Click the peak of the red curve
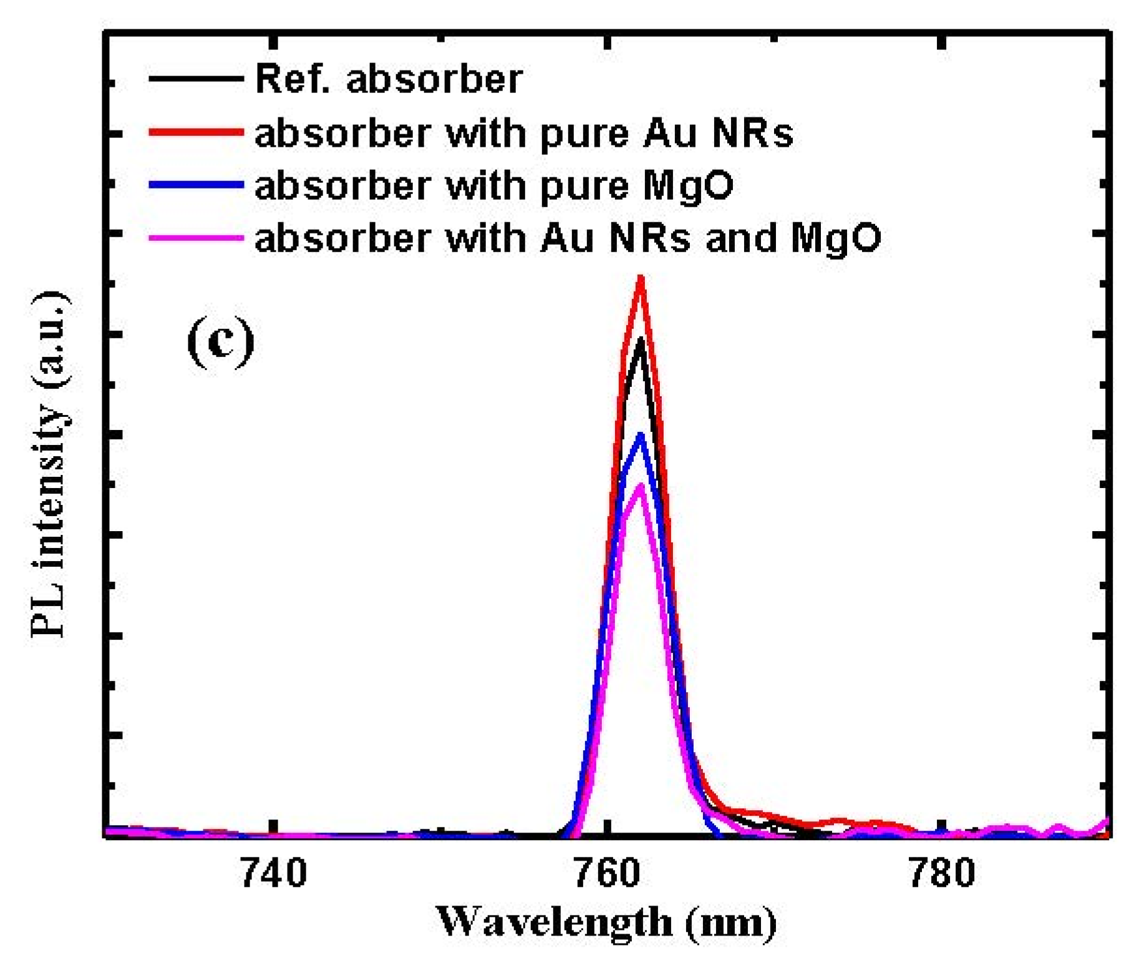pyautogui.click(x=640, y=278)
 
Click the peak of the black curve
pyautogui.click(x=640, y=341)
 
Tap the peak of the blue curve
pyautogui.click(x=640, y=436)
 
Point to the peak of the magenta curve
pyautogui.click(x=640, y=487)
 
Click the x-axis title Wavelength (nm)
pyautogui.click(x=606, y=922)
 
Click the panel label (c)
pyautogui.click(x=221, y=342)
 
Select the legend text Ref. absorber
pyautogui.click(x=389, y=79)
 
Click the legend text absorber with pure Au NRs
pyautogui.click(x=524, y=133)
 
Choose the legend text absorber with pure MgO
pyautogui.click(x=494, y=185)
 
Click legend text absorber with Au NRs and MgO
pyautogui.click(x=568, y=238)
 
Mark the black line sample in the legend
pyautogui.click(x=196, y=79)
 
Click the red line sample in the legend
pyautogui.click(x=196, y=132)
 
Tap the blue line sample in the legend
pyautogui.click(x=196, y=185)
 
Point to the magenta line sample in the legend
pyautogui.click(x=196, y=238)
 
